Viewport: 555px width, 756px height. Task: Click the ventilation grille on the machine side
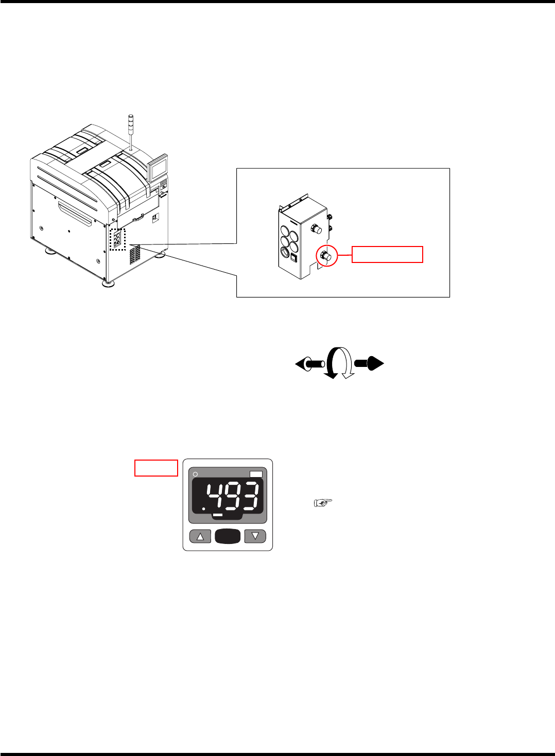click(x=135, y=255)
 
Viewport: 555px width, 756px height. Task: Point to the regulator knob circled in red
click(x=326, y=256)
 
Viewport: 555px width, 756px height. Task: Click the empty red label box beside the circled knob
click(x=387, y=254)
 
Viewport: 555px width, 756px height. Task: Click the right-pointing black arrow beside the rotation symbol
click(x=369, y=363)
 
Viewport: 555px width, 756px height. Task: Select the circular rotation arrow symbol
click(x=339, y=363)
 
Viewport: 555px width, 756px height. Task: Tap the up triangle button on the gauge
click(x=200, y=537)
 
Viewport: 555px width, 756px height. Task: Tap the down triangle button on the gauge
click(x=255, y=537)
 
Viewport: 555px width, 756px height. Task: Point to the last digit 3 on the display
click(x=250, y=497)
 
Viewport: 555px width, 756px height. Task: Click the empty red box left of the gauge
click(x=156, y=468)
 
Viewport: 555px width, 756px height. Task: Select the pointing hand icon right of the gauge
click(x=323, y=503)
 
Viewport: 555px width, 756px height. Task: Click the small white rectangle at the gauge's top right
click(x=256, y=474)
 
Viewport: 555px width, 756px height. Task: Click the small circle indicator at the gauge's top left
click(x=195, y=473)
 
